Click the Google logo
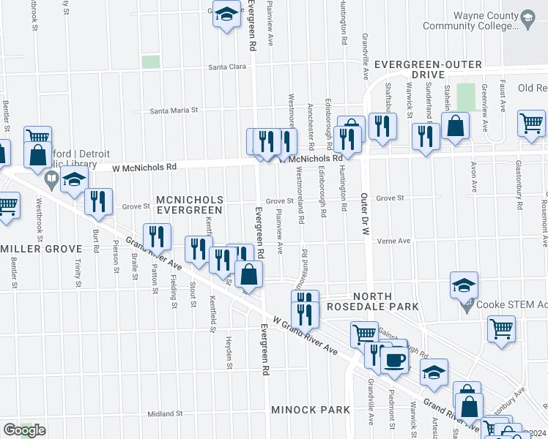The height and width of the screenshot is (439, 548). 24,430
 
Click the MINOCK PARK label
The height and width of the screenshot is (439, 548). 311,410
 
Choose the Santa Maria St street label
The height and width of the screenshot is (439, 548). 174,111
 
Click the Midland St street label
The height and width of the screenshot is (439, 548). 164,414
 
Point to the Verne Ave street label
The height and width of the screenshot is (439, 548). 393,241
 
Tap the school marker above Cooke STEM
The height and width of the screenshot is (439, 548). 463,285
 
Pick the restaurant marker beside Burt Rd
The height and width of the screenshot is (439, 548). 98,201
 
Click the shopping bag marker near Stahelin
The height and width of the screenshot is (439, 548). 456,126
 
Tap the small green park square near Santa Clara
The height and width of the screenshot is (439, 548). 151,62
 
